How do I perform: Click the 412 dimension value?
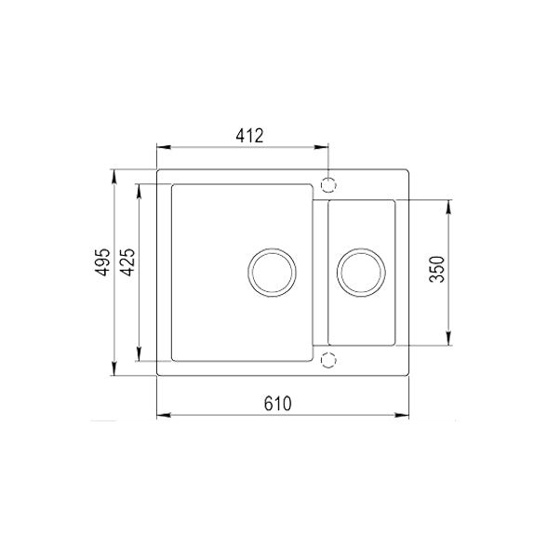pos(248,136)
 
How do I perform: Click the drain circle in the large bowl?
pos(273,273)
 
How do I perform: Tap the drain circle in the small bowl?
pos(361,273)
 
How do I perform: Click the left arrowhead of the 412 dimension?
pos(162,147)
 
